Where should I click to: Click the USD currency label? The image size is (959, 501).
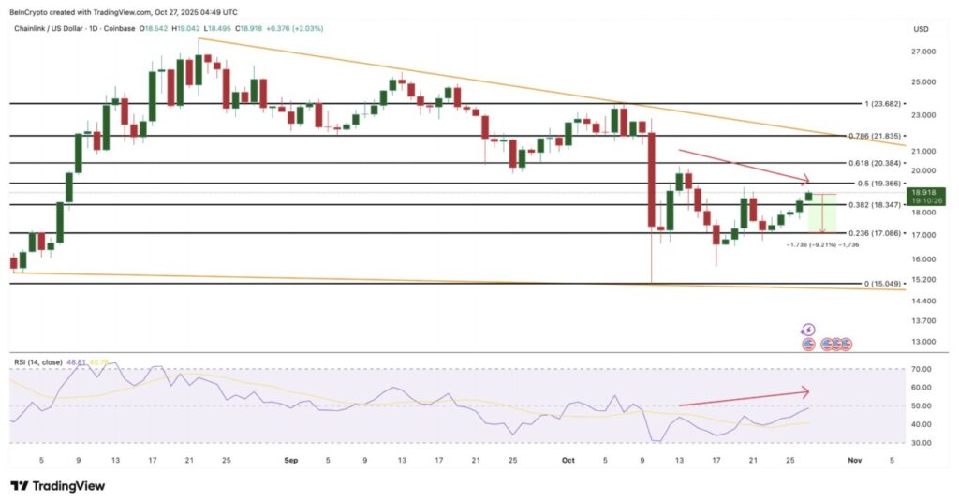pos(921,29)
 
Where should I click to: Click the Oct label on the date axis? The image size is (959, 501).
pos(567,460)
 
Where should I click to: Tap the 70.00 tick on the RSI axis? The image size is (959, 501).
pos(922,369)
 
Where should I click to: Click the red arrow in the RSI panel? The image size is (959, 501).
pos(742,399)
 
